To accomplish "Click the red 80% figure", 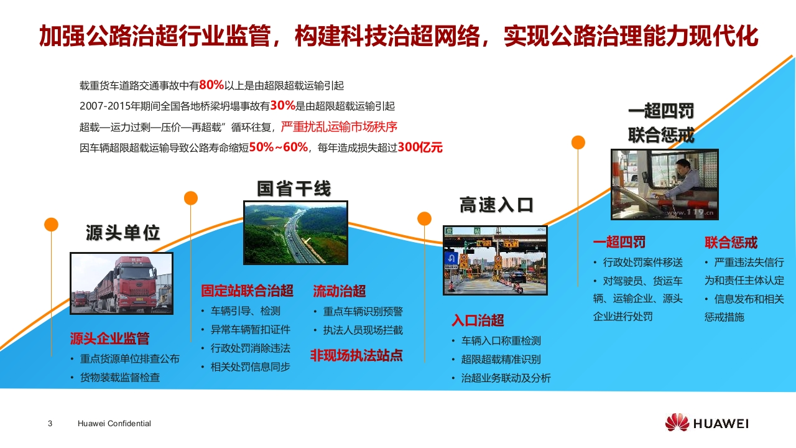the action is (x=211, y=85).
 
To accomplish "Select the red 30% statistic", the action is (x=283, y=105).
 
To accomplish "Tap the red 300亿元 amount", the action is (x=420, y=147).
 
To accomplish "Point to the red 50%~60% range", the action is (x=279, y=147).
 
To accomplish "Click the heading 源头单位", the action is (x=123, y=233).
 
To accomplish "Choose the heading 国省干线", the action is (x=294, y=189).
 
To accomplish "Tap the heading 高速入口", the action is (x=496, y=205).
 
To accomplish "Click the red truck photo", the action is (x=121, y=283).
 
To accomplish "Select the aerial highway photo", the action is (x=295, y=233).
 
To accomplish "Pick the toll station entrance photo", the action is (x=495, y=260).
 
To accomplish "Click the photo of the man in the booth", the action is (x=665, y=184).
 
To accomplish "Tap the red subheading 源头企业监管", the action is (x=109, y=338).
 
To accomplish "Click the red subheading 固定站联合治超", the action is (x=247, y=291).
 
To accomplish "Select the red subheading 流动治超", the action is (x=340, y=291).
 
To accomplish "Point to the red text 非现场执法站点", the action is (x=356, y=355).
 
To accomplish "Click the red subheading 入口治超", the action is (x=478, y=320).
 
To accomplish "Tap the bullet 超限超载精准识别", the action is (x=501, y=360).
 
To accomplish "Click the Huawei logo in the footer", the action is (x=706, y=422).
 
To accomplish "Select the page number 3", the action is (x=50, y=424).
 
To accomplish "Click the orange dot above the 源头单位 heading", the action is (x=51, y=225).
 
